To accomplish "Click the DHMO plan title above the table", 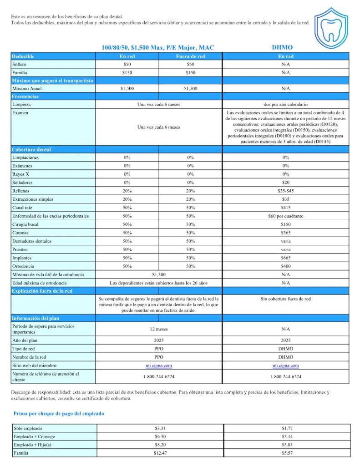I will tap(282, 47).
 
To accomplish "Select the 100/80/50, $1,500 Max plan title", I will tap(157, 47).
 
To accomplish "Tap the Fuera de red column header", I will tap(190, 56).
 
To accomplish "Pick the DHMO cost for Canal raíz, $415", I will tap(285, 208).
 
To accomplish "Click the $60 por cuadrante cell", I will tap(285, 216).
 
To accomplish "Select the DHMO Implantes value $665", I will tap(285, 258).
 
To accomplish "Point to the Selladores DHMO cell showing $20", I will tap(285, 182).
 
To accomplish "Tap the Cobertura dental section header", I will tap(31, 149).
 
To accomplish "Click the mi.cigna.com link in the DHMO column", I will tap(285, 365).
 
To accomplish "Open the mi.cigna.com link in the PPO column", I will tap(158, 365).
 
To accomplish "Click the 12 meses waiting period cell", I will tap(158, 329).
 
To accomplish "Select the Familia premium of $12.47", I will tap(160, 453).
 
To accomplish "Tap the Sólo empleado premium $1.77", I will tap(287, 428).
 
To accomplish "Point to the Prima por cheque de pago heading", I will tap(59, 414).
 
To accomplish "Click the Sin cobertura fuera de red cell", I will tap(285, 299).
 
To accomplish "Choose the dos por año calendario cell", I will tap(285, 105).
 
